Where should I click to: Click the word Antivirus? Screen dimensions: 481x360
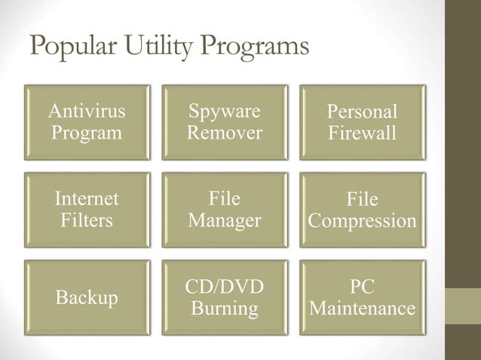pos(86,112)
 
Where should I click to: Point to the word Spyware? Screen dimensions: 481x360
pos(225,112)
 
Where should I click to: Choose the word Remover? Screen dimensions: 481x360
pos(225,133)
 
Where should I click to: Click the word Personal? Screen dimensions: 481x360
pos(362,113)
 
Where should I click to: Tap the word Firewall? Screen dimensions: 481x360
pos(362,134)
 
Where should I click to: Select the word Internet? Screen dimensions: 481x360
pos(86,199)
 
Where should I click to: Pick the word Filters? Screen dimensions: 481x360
pos(86,221)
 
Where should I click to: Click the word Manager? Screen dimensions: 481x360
pos(225,221)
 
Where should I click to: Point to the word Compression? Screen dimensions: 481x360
pos(362,221)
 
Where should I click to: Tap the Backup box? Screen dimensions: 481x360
pos(86,298)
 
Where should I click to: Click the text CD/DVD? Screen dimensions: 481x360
pos(225,287)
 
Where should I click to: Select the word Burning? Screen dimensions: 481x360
pos(225,309)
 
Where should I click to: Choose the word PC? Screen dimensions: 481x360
pos(362,287)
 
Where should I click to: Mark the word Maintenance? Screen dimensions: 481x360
pos(362,309)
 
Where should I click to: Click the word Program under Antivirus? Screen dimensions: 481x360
pos(86,133)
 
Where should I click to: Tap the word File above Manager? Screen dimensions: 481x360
pos(225,199)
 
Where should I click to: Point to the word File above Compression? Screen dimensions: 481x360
pos(362,200)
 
